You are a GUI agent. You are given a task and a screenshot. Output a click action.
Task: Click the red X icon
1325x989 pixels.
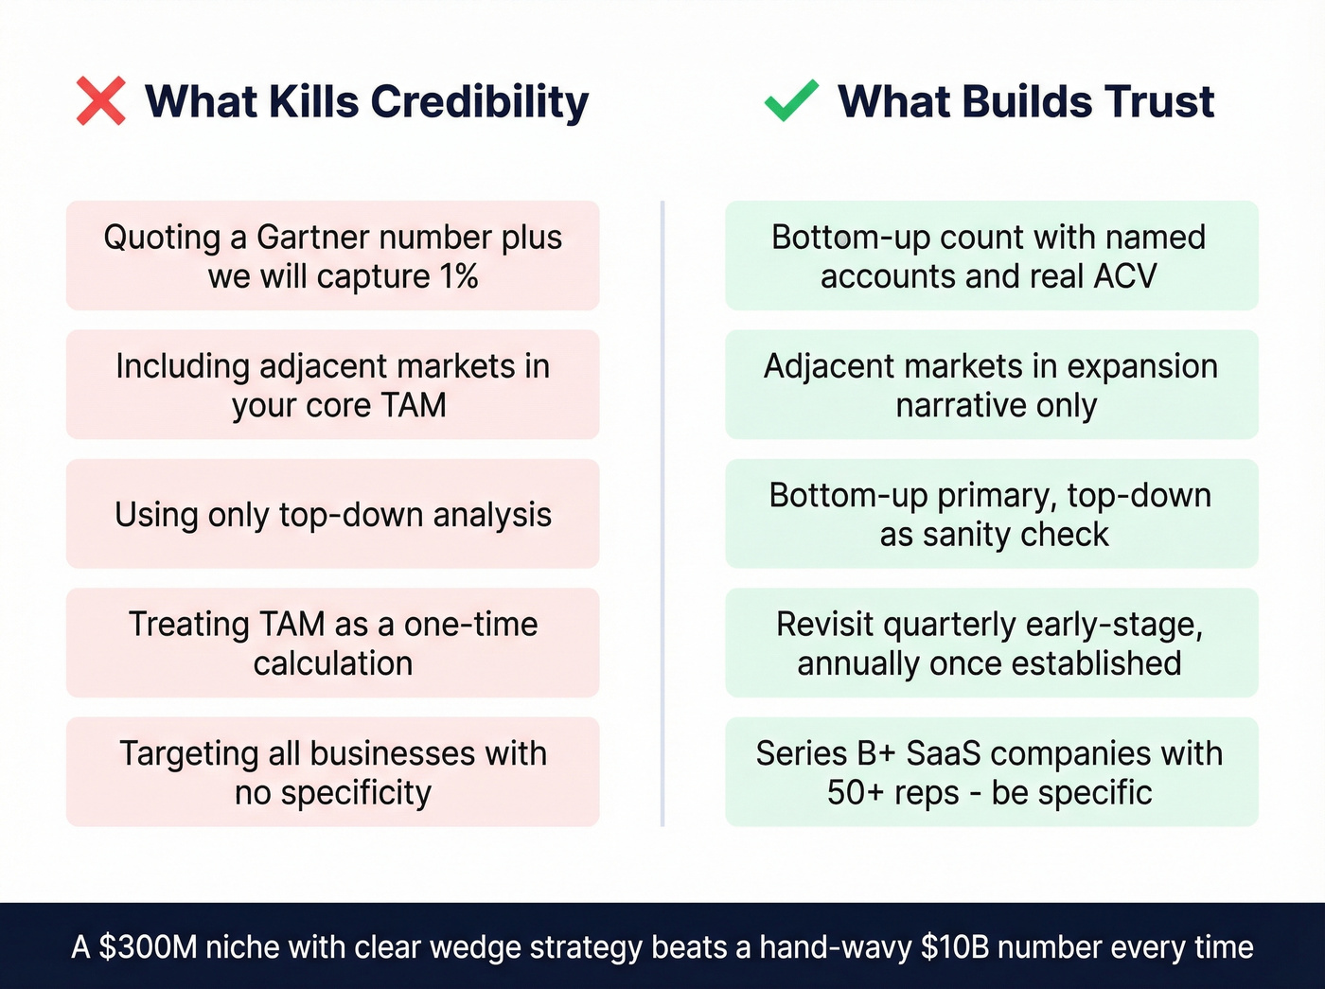(x=100, y=101)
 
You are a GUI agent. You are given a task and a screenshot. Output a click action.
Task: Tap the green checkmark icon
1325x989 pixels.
(x=791, y=101)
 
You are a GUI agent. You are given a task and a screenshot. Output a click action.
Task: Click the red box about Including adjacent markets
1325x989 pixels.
(x=332, y=384)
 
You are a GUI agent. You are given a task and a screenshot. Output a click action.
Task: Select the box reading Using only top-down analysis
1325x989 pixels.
(x=332, y=514)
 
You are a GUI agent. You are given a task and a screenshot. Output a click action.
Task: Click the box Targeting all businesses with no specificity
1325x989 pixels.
(x=332, y=771)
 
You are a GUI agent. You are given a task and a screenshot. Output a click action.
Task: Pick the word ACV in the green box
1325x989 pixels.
(x=1125, y=276)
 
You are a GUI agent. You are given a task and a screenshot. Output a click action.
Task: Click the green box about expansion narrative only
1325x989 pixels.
(x=991, y=384)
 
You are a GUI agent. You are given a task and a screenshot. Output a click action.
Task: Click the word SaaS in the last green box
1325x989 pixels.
(x=943, y=753)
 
